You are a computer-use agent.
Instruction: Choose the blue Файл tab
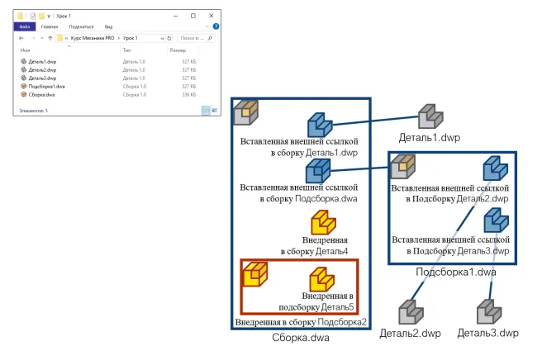[x=25, y=26]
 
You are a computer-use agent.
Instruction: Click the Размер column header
[x=178, y=50]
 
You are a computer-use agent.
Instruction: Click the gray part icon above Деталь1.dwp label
[x=430, y=117]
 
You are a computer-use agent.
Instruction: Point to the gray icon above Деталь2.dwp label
[x=410, y=313]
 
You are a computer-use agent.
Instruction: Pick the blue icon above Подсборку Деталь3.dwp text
[x=495, y=220]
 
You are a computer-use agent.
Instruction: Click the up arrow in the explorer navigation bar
[x=50, y=38]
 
